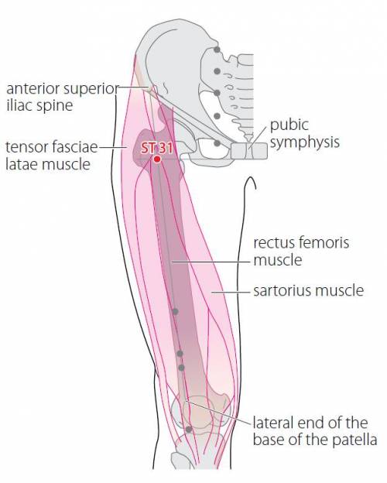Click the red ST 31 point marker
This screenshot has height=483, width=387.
click(157, 159)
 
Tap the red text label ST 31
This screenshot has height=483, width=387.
click(156, 148)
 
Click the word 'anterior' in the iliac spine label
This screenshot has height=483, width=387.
click(33, 89)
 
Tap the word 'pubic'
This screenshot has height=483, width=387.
click(289, 126)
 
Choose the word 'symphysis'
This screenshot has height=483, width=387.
click(305, 143)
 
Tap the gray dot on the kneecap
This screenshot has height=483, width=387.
click(189, 429)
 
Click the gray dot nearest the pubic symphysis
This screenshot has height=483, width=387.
click(217, 143)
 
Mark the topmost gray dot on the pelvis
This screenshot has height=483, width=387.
click(217, 50)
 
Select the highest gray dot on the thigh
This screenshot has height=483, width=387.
click(176, 312)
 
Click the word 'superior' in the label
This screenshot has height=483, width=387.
click(91, 90)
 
